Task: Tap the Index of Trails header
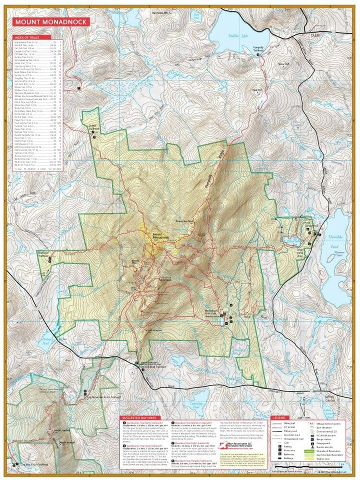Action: (28, 37)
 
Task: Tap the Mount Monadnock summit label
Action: (157, 236)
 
